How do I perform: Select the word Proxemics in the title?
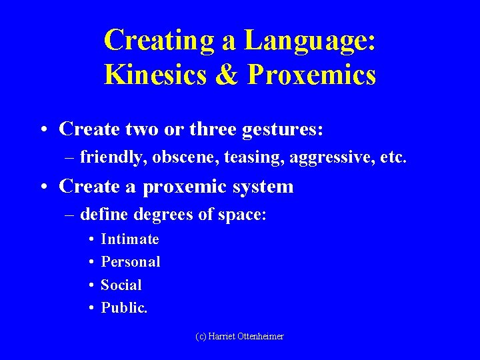coord(312,75)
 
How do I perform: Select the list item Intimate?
coord(130,239)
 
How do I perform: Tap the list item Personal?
coord(131,261)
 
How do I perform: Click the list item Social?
coord(121,285)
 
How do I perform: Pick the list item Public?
coord(124,307)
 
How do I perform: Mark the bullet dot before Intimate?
coord(90,239)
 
